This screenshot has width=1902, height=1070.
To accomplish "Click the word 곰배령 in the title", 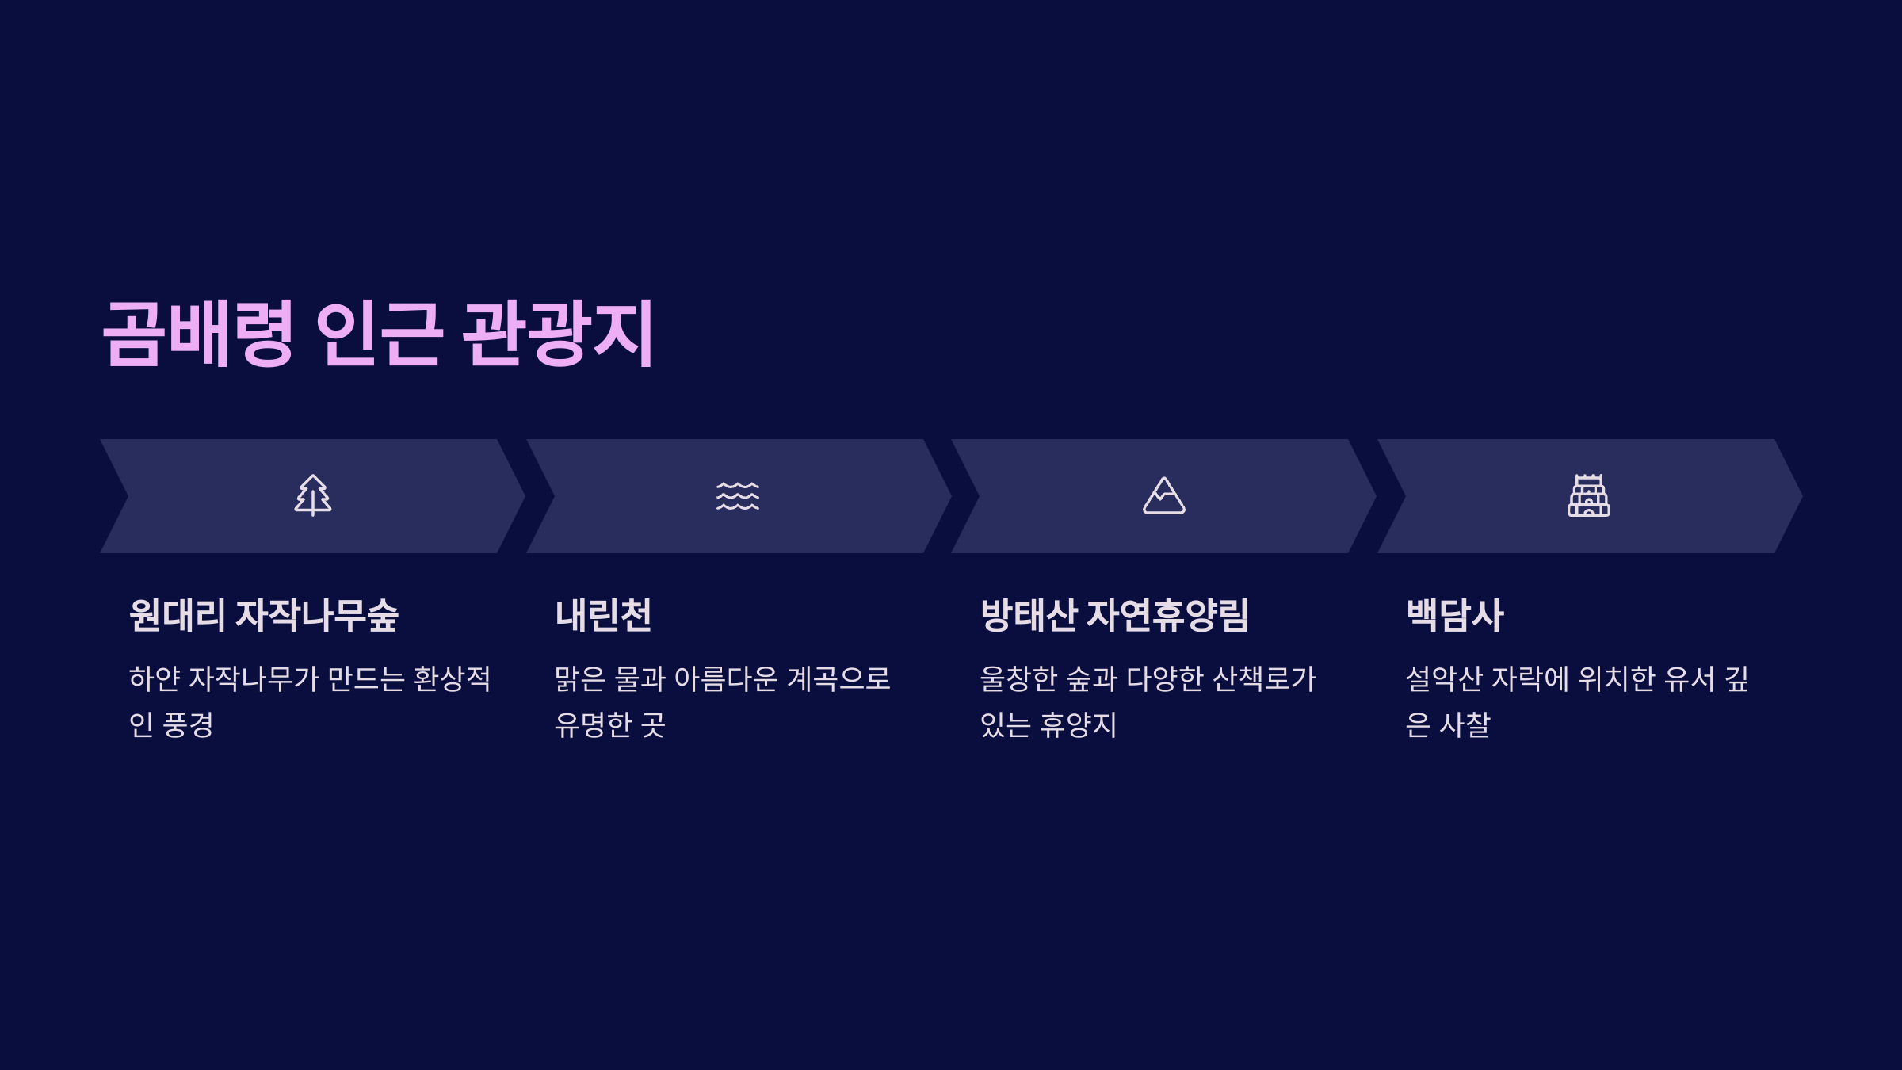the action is click(198, 333).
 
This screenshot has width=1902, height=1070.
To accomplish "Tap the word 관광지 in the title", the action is click(558, 333).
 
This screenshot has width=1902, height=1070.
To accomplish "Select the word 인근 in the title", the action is click(379, 333).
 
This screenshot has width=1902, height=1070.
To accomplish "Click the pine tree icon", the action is click(313, 495).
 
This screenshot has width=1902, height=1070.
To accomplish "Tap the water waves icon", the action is click(738, 496).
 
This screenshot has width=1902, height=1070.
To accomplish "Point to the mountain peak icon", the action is click(1163, 496).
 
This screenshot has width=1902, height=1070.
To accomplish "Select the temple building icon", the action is click(1588, 496).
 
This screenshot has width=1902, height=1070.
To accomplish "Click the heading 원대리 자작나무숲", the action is click(264, 615).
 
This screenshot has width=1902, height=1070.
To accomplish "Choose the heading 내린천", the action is click(603, 615).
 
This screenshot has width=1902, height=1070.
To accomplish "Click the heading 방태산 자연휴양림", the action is click(1114, 615).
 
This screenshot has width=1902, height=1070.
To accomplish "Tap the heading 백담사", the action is click(1454, 615).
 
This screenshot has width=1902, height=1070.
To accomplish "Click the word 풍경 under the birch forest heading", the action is click(188, 724).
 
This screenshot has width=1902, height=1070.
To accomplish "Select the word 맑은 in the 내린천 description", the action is click(579, 678).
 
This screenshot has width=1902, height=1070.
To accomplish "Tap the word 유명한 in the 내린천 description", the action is click(593, 724).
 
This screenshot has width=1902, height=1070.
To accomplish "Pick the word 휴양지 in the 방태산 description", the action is click(1079, 724).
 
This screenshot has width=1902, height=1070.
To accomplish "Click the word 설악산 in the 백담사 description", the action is click(1444, 678).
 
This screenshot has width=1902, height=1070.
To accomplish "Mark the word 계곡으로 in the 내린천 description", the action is click(839, 678).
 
